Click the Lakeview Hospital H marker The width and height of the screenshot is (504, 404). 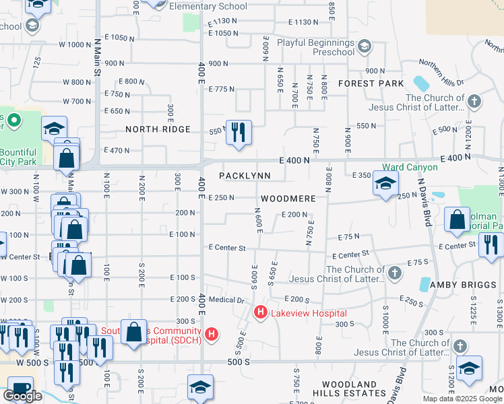[x=259, y=313]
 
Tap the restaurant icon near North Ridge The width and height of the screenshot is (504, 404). [x=237, y=133]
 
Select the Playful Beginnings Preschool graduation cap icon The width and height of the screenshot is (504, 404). [x=365, y=46]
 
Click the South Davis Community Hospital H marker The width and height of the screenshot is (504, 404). [x=212, y=333]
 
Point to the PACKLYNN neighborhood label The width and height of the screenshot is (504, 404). [x=245, y=176]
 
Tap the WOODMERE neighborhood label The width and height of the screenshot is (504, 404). [x=288, y=199]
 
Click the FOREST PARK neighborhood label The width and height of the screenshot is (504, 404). [x=371, y=83]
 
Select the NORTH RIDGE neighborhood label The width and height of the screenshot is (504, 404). [x=158, y=129]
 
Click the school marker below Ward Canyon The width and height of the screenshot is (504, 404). [x=385, y=183]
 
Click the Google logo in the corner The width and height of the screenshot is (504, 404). [x=22, y=396]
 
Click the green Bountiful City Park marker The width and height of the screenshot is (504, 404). [x=12, y=121]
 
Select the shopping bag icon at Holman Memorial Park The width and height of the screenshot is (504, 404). [x=458, y=219]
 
